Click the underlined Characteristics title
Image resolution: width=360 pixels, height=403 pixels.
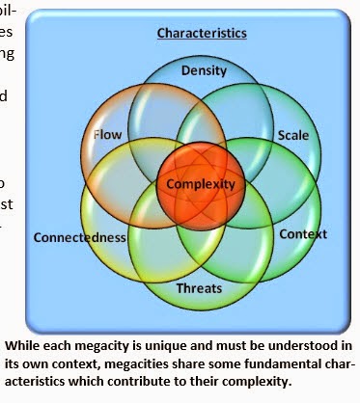pyautogui.click(x=203, y=33)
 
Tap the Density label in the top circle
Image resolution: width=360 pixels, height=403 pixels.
pyautogui.click(x=204, y=70)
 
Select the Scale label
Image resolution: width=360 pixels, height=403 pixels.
pyautogui.click(x=292, y=135)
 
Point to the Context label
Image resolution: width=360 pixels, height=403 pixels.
pyautogui.click(x=302, y=234)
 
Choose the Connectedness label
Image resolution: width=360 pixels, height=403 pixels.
pyautogui.click(x=80, y=237)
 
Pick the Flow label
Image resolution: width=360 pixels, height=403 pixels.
pyautogui.click(x=107, y=135)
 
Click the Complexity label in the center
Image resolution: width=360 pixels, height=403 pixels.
pyautogui.click(x=201, y=183)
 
